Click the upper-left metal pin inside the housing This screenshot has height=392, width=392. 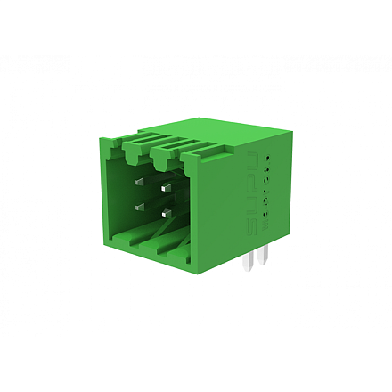[140, 182]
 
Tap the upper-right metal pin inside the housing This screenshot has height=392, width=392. [167, 189]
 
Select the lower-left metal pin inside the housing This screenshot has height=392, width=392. [140, 206]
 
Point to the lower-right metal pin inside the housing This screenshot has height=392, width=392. [167, 215]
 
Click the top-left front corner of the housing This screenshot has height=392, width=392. [98, 140]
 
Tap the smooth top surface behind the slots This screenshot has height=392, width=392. [241, 132]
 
